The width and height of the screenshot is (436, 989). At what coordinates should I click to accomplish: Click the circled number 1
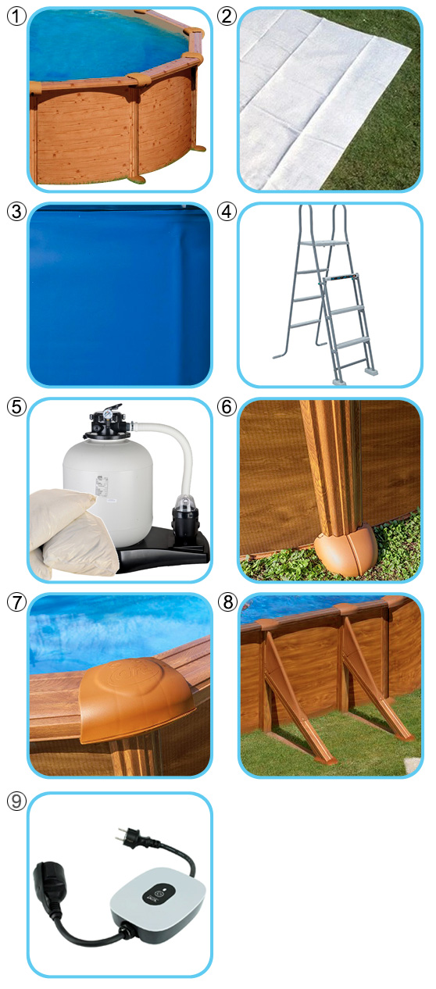coord(16,16)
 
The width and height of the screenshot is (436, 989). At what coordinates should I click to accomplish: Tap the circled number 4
coord(227,212)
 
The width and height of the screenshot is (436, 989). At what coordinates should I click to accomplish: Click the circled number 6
coord(227,407)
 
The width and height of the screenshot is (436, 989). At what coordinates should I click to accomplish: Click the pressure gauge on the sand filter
coord(106,415)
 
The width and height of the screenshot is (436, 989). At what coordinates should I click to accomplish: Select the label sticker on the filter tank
coord(101,487)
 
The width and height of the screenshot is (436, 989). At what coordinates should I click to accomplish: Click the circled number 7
coord(16,602)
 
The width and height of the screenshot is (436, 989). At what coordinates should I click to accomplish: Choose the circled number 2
coord(227,16)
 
